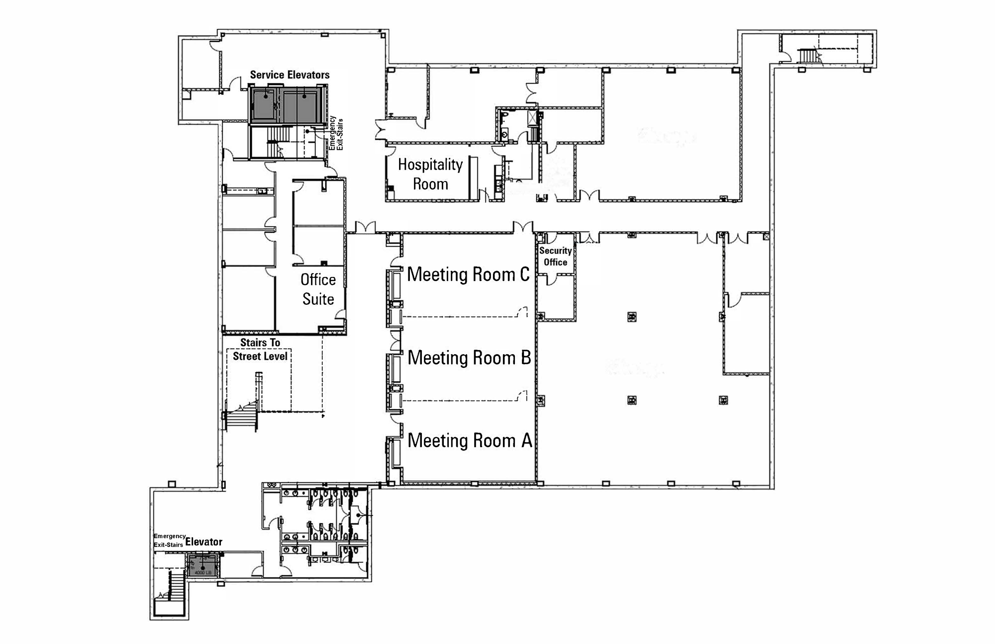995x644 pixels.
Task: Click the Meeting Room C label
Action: point(468,275)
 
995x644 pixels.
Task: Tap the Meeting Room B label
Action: point(469,358)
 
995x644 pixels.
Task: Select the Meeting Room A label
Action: point(470,441)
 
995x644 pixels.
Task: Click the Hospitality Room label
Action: point(430,174)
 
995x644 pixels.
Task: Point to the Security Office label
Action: point(555,257)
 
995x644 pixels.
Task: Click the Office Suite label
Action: point(318,289)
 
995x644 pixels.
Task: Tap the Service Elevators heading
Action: point(290,75)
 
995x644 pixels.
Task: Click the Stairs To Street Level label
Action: point(260,350)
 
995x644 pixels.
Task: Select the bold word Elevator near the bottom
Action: point(204,542)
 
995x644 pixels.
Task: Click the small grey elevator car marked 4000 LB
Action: point(203,567)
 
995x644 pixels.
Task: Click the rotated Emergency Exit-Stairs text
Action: point(336,133)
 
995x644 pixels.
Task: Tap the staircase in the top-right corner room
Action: point(807,55)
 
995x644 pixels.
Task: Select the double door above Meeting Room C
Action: point(523,228)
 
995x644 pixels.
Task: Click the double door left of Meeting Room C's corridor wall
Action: point(365,228)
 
